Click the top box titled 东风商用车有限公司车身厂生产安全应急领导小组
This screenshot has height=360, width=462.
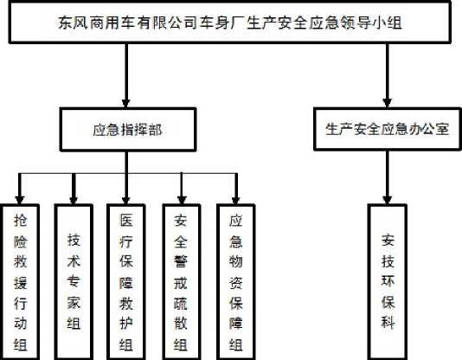point(230,22)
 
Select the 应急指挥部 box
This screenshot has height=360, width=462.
point(128,130)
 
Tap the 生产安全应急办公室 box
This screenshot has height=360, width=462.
point(388,129)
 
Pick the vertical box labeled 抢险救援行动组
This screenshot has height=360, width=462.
point(21,282)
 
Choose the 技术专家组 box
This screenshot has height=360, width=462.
point(74,282)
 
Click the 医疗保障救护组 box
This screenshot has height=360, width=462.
point(126,282)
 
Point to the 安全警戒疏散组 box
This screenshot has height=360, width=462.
point(182,282)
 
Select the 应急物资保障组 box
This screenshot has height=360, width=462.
point(235,282)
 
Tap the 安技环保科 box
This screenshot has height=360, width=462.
point(388,282)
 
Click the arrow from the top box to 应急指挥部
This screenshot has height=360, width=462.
point(126,75)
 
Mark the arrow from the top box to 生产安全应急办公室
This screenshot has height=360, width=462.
point(387,75)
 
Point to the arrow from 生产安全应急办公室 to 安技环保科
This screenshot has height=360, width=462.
point(387,177)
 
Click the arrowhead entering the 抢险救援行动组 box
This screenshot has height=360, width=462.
point(20,200)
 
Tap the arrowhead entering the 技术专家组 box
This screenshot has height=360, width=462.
point(74,200)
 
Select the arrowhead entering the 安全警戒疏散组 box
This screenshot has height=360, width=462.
point(182,200)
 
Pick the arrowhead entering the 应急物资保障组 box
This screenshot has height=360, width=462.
point(235,200)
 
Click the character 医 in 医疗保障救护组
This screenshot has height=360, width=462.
point(126,220)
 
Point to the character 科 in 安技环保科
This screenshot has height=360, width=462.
point(388,321)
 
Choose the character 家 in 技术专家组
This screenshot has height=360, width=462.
point(74,302)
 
